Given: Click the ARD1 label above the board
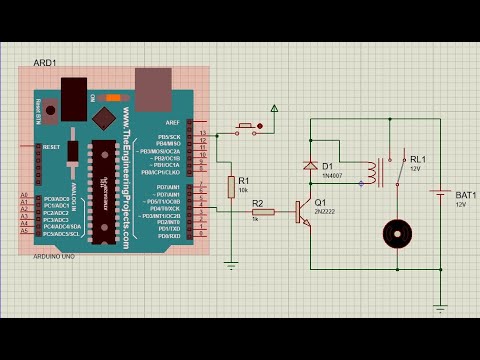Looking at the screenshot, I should pyautogui.click(x=44, y=62).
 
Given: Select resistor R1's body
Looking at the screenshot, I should pyautogui.click(x=231, y=187).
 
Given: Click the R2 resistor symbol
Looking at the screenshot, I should pyautogui.click(x=263, y=210).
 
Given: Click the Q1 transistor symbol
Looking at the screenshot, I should pyautogui.click(x=301, y=210).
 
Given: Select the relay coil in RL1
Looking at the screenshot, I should pyautogui.click(x=371, y=172).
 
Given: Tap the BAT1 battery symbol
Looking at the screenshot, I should pyautogui.click(x=442, y=196).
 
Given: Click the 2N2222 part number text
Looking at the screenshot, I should pyautogui.click(x=324, y=213).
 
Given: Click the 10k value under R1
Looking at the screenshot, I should pyautogui.click(x=243, y=189).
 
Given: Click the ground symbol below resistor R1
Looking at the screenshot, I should pyautogui.click(x=231, y=266).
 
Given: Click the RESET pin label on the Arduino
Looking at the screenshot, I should pyautogui.click(x=52, y=146).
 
